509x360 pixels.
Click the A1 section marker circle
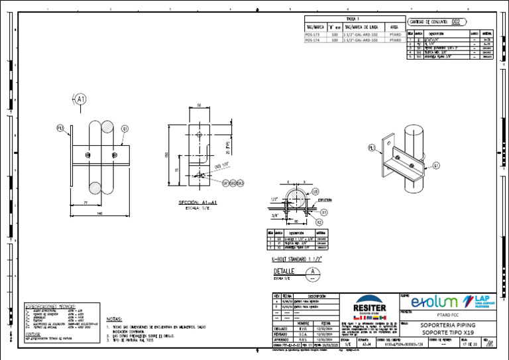pyautogui.click(x=80, y=99)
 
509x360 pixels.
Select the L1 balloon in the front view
pyautogui.click(x=125, y=129)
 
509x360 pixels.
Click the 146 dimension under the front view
pyautogui.click(x=99, y=213)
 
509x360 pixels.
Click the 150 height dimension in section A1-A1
pyautogui.click(x=167, y=155)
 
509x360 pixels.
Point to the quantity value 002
pyautogui.click(x=456, y=21)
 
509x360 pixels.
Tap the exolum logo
pyautogui.click(x=434, y=302)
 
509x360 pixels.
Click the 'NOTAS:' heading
pyautogui.click(x=114, y=318)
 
